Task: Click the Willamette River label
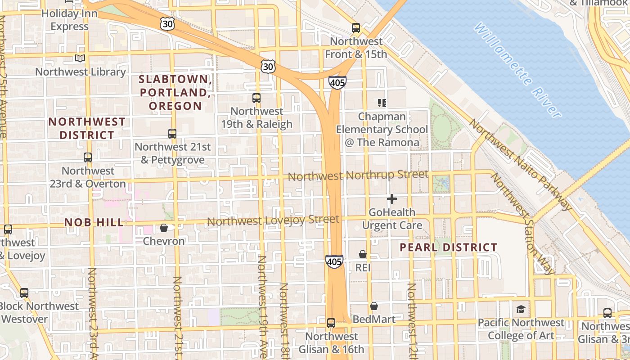click(517, 70)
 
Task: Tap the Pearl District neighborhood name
click(448, 247)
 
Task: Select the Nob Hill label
click(94, 222)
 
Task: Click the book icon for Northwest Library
click(80, 58)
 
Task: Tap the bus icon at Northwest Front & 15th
click(356, 28)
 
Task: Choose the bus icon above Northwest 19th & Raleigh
click(256, 98)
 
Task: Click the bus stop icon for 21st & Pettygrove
click(172, 133)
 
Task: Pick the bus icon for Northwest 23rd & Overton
click(88, 157)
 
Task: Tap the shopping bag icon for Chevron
click(164, 228)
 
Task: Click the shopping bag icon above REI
click(363, 255)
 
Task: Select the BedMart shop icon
click(374, 306)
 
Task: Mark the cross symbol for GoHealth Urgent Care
click(392, 198)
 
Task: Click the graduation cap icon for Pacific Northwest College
click(521, 309)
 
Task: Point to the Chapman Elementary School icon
click(382, 103)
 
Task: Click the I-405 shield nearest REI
click(334, 261)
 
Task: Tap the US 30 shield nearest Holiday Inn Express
click(167, 24)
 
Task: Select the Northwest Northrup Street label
click(358, 175)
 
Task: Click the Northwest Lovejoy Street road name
click(273, 220)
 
